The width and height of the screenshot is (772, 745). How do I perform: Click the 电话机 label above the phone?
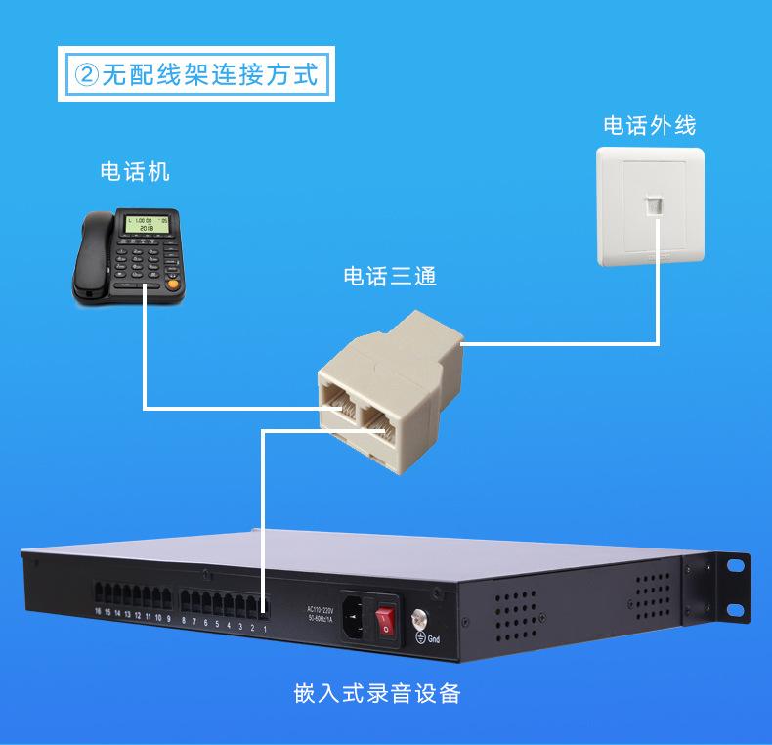click(x=135, y=172)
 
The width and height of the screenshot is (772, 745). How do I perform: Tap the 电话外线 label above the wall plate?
click(x=650, y=126)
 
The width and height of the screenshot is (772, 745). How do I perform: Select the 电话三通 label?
click(x=390, y=277)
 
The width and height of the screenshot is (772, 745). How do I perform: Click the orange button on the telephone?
click(x=174, y=285)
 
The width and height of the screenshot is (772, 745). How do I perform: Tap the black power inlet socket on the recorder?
click(x=357, y=619)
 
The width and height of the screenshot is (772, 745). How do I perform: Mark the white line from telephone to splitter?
click(x=145, y=352)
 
